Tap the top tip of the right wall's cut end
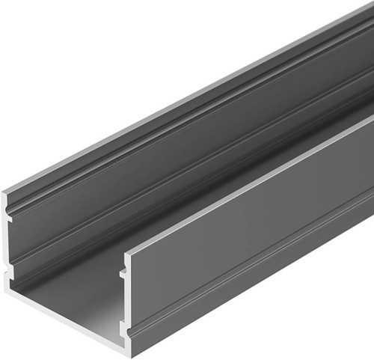(x=125, y=251)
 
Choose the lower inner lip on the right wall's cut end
(x=122, y=326)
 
